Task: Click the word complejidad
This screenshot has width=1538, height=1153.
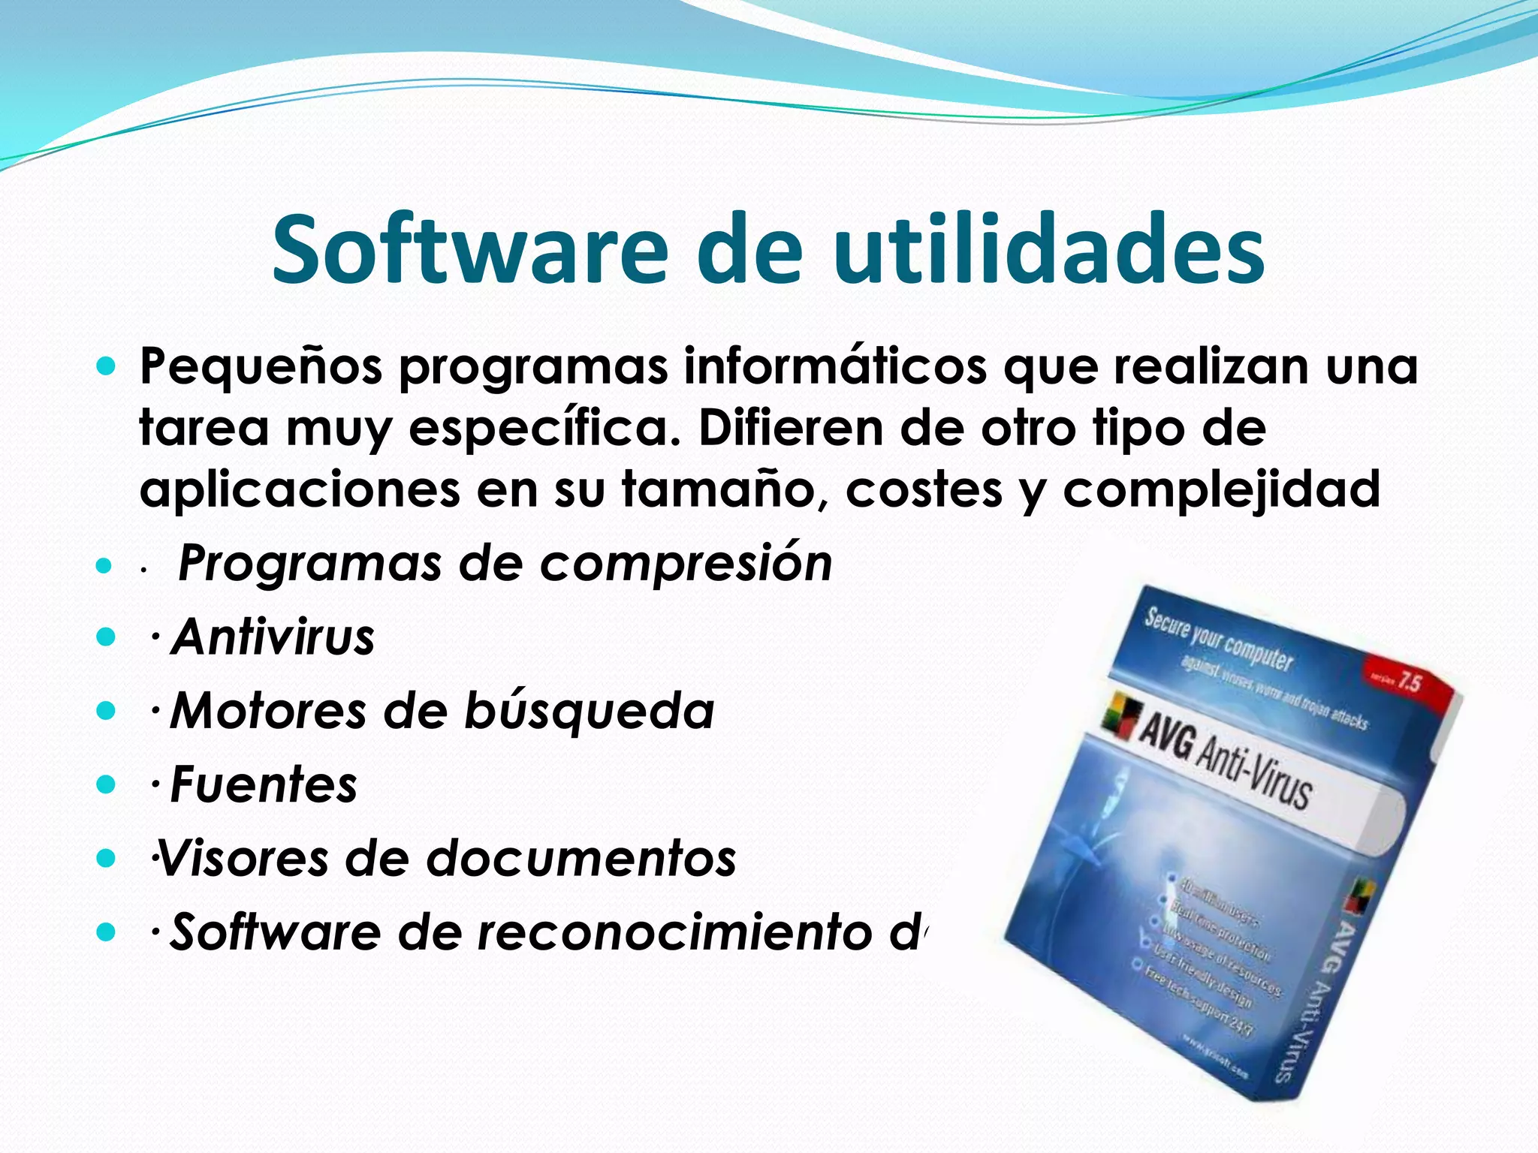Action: click(x=1221, y=489)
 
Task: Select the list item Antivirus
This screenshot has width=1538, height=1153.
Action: click(x=273, y=637)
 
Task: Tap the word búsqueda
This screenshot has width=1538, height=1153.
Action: click(x=590, y=711)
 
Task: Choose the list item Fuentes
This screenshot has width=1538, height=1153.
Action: click(x=264, y=785)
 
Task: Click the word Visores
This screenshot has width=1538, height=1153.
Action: click(x=243, y=858)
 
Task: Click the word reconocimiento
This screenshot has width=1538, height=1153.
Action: click(x=675, y=932)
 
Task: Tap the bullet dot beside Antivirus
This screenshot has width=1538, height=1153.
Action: click(x=107, y=637)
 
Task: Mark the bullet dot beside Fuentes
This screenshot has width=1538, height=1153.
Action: click(x=107, y=785)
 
